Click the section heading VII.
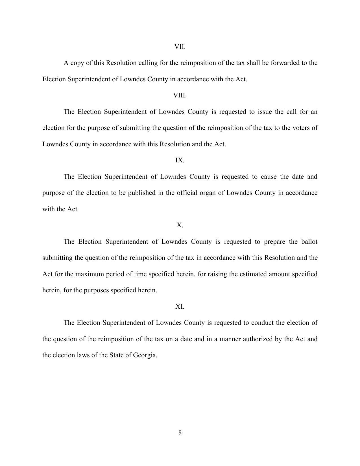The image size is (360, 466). [180, 47]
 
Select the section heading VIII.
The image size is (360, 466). [180, 95]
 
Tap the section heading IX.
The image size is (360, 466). [180, 160]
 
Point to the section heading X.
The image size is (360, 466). [180, 225]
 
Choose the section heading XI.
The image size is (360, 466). [180, 307]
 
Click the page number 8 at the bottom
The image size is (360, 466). [180, 433]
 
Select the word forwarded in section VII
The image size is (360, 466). [285, 63]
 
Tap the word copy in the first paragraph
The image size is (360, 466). [77, 63]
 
